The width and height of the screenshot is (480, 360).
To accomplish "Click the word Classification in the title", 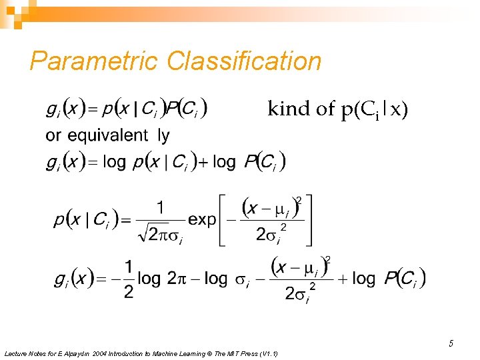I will click(244, 61).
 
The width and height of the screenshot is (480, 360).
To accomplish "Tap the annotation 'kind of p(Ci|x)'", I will click(337, 109).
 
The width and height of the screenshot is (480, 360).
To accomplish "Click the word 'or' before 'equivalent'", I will click(53, 135).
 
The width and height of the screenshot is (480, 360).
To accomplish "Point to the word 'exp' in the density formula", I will click(203, 219).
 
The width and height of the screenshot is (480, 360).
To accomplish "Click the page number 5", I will click(451, 344).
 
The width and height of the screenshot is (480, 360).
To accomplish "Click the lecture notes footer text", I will click(141, 353).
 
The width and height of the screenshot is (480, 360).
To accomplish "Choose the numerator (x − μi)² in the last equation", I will click(301, 268).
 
